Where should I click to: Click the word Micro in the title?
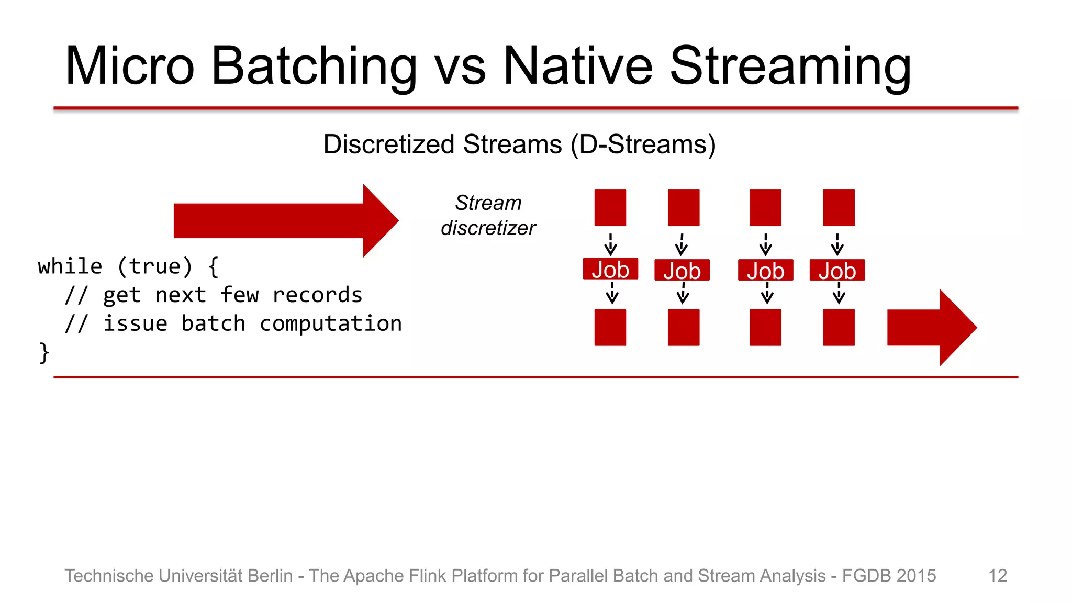129,66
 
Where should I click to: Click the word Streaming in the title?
790,66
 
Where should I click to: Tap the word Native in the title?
577,66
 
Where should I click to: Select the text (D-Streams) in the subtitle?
643,144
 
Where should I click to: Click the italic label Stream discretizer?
488,216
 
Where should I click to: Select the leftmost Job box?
610,269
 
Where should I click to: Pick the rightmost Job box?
837,270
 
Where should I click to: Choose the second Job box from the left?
682,270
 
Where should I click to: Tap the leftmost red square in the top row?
610,208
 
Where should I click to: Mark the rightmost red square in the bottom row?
839,328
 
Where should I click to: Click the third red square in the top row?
765,208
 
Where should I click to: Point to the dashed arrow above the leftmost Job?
610,244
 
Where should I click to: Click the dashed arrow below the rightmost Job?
839,294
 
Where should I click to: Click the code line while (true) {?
128,266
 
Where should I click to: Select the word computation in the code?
331,323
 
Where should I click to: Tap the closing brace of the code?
44,352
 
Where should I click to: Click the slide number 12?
997,576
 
